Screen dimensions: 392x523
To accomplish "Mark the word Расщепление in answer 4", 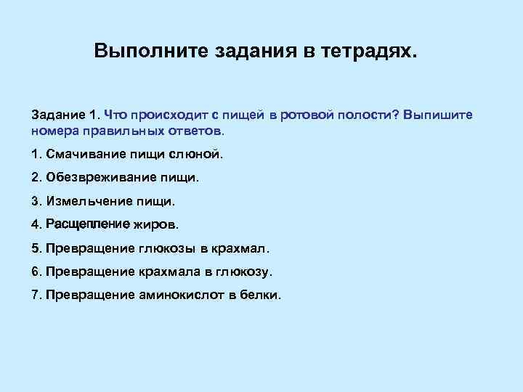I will pos(87,224).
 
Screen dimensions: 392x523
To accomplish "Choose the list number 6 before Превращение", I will pos(36,271).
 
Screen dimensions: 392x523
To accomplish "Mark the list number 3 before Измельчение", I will pos(36,200).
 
